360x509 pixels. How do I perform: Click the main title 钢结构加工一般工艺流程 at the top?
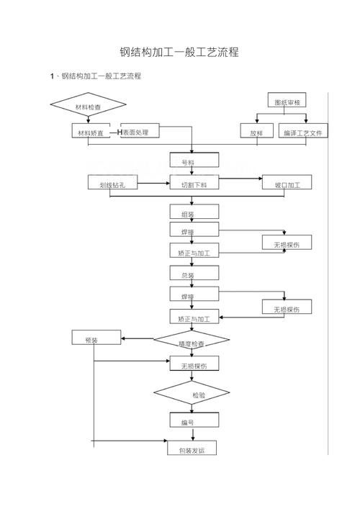(x=179, y=53)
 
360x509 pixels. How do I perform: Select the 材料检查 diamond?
(x=89, y=107)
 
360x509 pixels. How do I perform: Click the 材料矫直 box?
(x=91, y=132)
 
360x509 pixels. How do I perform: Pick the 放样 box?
(x=256, y=132)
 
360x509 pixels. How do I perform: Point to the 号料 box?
(x=194, y=161)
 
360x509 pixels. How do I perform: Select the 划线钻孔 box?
(x=112, y=184)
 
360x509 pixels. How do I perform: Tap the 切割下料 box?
(x=194, y=184)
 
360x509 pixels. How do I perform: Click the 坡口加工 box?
(x=287, y=184)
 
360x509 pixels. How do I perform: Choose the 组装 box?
(x=194, y=213)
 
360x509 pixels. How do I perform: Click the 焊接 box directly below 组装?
(x=194, y=232)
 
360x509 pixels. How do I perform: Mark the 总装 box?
(x=194, y=275)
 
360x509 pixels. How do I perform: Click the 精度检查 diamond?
(x=192, y=342)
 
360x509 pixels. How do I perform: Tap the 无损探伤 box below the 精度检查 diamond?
(x=194, y=366)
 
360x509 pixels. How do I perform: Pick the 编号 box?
(x=194, y=421)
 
